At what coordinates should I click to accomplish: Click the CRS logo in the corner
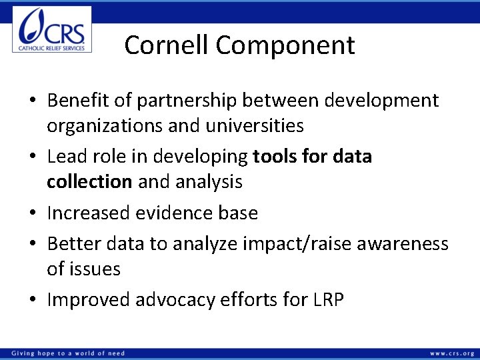(52, 30)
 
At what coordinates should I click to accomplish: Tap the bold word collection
(89, 181)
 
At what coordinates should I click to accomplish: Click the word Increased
(89, 213)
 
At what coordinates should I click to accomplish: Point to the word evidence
(175, 213)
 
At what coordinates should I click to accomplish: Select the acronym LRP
(327, 300)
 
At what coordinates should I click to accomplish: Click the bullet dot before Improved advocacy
(33, 301)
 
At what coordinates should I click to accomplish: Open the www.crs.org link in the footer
(452, 353)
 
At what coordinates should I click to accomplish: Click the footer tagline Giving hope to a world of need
(67, 353)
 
